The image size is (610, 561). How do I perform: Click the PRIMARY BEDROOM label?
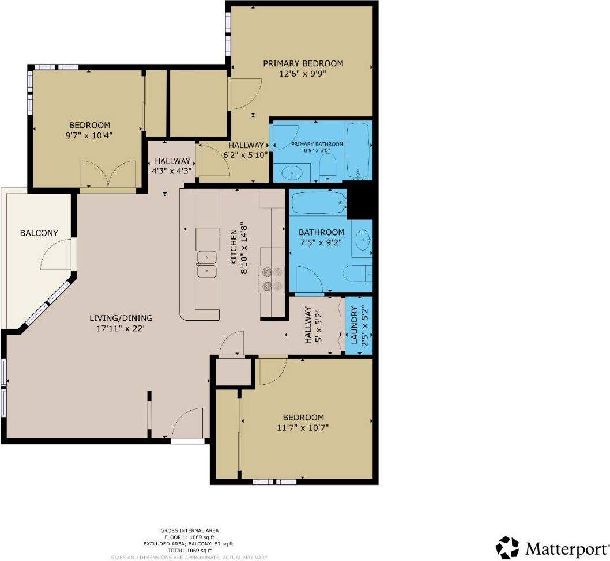[x=303, y=63]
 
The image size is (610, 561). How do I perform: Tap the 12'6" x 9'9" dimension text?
[x=303, y=74]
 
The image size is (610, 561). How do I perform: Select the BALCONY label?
[x=39, y=233]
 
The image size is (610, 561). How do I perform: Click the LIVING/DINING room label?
[x=121, y=318]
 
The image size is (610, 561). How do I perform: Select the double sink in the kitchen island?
[x=206, y=264]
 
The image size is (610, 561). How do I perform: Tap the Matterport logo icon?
[x=507, y=547]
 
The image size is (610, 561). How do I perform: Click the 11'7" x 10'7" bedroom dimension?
[x=303, y=428]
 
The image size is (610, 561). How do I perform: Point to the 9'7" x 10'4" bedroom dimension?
[x=89, y=136]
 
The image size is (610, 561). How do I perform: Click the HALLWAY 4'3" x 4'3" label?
[x=172, y=166]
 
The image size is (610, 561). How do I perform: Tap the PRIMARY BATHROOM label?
[x=317, y=145]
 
